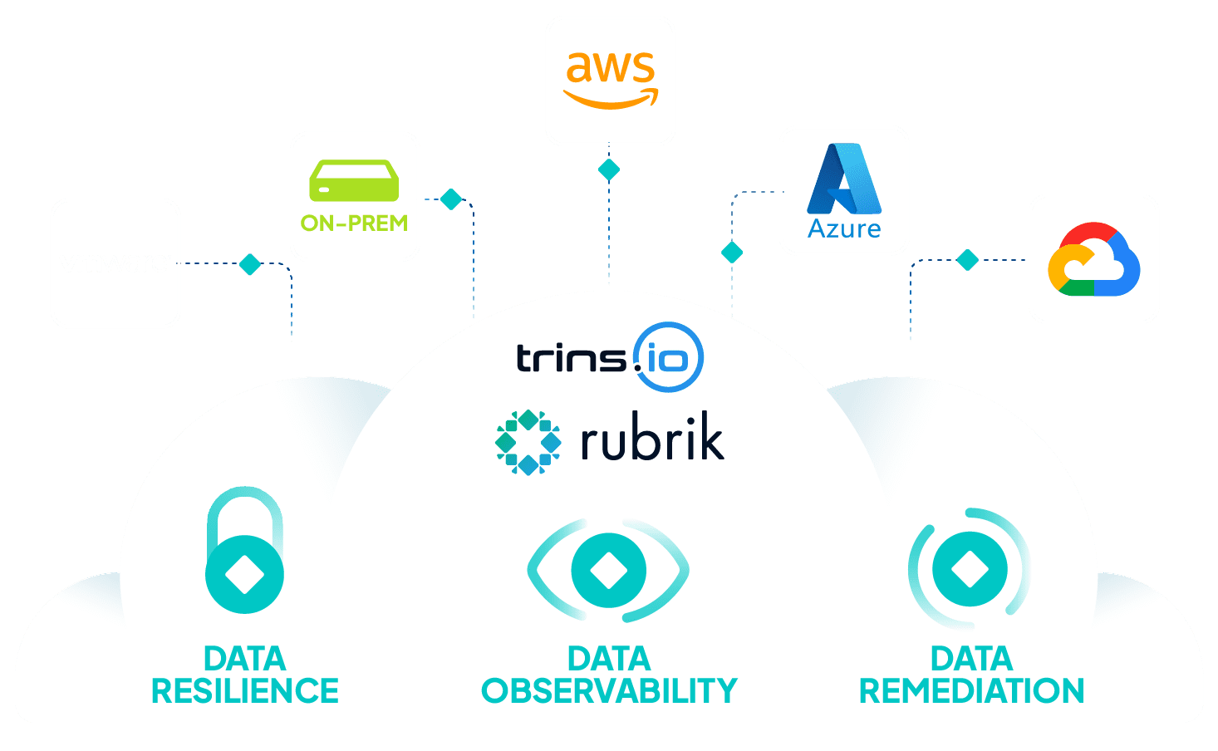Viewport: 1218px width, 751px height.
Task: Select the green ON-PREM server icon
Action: (354, 180)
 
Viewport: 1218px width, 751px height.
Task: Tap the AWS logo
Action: (611, 80)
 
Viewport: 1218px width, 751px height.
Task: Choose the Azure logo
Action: (844, 190)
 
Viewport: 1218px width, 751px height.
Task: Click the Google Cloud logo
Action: (1093, 259)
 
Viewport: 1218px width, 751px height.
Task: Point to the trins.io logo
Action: (610, 357)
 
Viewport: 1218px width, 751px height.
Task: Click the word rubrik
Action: (652, 442)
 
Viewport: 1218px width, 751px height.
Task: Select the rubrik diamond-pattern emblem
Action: (528, 442)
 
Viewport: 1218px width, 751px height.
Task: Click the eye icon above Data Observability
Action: (608, 571)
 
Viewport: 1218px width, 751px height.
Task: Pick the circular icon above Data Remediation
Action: (970, 569)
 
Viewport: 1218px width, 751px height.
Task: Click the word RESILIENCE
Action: (245, 691)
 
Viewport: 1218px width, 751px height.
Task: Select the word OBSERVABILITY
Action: (609, 691)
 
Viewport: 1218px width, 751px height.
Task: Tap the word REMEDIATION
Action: (971, 691)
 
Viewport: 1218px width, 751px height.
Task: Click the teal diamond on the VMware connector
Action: (250, 264)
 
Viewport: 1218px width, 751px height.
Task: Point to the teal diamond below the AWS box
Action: (609, 169)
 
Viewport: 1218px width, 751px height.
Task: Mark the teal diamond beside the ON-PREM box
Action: (451, 199)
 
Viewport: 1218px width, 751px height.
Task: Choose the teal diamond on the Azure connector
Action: (732, 252)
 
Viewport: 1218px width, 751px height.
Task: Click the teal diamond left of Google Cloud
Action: (967, 260)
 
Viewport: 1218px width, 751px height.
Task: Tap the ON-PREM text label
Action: (354, 223)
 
